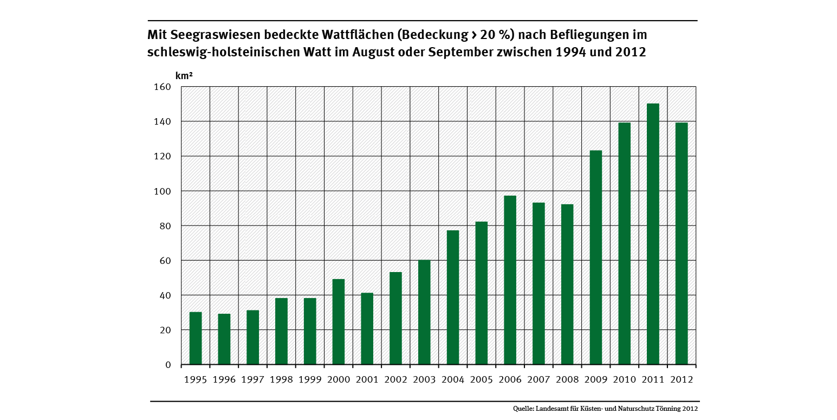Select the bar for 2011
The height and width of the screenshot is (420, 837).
pyautogui.click(x=653, y=234)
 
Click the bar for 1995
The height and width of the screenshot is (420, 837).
pyautogui.click(x=196, y=338)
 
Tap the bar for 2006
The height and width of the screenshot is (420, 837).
pyautogui.click(x=510, y=280)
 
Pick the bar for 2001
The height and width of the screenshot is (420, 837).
pyautogui.click(x=367, y=328)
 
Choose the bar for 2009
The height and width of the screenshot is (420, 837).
pyautogui.click(x=595, y=257)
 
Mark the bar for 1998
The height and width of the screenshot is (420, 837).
pyautogui.click(x=281, y=331)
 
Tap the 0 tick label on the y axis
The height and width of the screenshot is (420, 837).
pyautogui.click(x=168, y=365)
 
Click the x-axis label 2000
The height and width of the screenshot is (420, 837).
pyautogui.click(x=339, y=380)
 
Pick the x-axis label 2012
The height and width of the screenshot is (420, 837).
pyautogui.click(x=682, y=380)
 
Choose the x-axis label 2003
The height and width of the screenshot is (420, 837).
pyautogui.click(x=424, y=380)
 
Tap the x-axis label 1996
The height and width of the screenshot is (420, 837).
pyautogui.click(x=224, y=380)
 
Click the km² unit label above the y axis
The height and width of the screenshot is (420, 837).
pyautogui.click(x=184, y=76)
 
